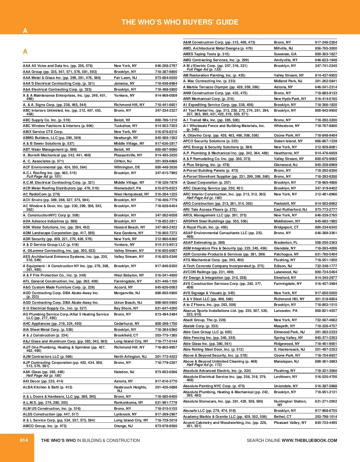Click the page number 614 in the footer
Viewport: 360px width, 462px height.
24,440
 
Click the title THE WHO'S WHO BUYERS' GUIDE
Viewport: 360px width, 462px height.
180,22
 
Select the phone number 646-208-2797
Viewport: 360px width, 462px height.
166,66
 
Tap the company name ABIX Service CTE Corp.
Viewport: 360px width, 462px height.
43,132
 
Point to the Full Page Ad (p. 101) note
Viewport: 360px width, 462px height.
44,177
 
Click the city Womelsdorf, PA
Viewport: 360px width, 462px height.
127,188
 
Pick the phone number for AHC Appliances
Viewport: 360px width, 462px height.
166,324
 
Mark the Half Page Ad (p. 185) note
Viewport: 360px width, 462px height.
44,376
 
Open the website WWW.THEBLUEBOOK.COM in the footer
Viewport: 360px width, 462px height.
309,440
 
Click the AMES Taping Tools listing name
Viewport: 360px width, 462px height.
206,54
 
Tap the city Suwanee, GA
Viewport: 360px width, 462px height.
285,54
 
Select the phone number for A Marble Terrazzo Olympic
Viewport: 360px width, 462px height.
326,87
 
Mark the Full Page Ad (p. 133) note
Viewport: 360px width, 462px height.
204,69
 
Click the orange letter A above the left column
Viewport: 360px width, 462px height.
25,52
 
